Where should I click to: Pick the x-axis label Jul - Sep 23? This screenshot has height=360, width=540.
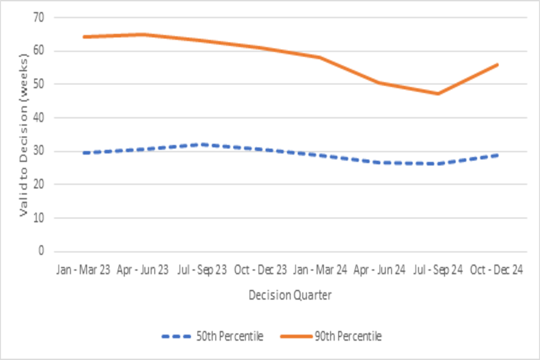click(202, 270)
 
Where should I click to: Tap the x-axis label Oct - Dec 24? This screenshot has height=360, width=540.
click(497, 270)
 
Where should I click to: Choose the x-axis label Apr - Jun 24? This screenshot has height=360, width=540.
click(379, 270)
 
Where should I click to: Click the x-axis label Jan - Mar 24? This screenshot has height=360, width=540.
click(320, 270)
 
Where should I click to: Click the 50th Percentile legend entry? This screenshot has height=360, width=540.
click(212, 336)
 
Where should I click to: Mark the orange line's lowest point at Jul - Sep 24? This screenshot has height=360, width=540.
click(438, 93)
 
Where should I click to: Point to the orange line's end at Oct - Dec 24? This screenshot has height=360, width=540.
click(497, 65)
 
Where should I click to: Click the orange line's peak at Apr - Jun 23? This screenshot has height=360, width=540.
click(143, 34)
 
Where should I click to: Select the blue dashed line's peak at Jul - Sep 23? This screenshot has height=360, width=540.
click(202, 145)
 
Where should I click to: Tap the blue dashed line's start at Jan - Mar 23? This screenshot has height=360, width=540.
click(84, 153)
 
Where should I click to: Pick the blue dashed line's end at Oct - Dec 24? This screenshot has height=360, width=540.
click(497, 155)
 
